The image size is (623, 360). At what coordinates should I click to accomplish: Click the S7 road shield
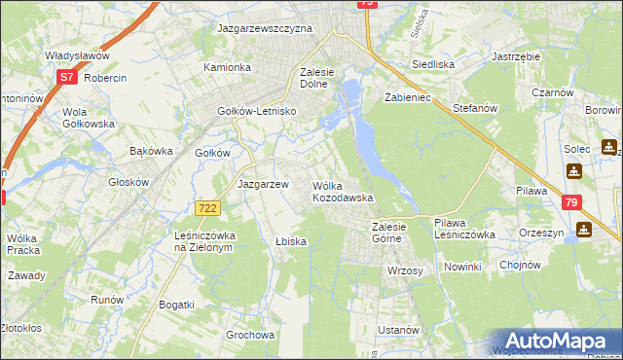pos(66,77)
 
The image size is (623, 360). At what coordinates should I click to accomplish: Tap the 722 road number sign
pos(205,208)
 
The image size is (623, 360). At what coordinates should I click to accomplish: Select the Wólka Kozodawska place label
pos(342,191)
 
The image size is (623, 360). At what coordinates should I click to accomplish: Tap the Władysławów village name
pos(76,56)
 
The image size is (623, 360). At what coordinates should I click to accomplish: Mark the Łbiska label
pos(291,241)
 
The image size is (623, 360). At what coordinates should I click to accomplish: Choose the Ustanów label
pos(398,330)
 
